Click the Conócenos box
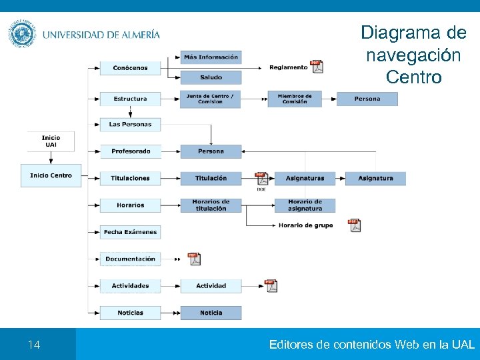click(x=130, y=68)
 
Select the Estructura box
click(x=130, y=99)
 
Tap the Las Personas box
click(x=130, y=125)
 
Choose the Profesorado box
click(x=130, y=151)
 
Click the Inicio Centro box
click(x=51, y=175)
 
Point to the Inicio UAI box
click(x=51, y=141)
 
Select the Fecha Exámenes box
click(x=130, y=232)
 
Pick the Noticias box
click(x=130, y=313)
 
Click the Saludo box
click(x=211, y=78)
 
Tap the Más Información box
click(x=211, y=57)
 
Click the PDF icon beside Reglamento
click(x=318, y=67)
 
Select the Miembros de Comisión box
click(x=294, y=99)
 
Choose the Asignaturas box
click(x=305, y=178)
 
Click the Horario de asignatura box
click(x=305, y=205)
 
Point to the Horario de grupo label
click(x=305, y=225)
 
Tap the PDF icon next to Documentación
click(x=194, y=259)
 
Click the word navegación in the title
click(x=413, y=55)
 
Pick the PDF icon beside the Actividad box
click(x=271, y=285)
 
